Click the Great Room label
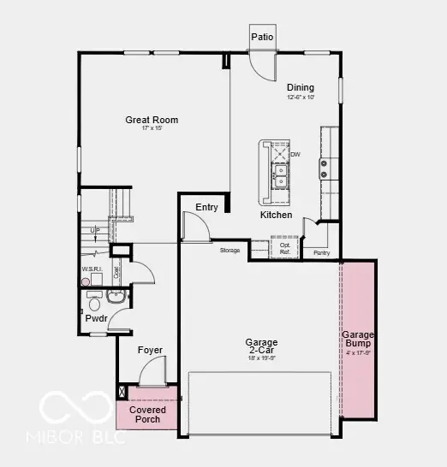[152, 120]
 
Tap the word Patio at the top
[262, 37]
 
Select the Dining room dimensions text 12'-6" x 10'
[301, 98]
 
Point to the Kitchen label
[276, 215]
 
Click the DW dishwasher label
[295, 155]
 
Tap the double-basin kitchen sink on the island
[280, 176]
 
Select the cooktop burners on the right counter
[325, 168]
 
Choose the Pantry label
[322, 253]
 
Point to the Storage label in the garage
[229, 251]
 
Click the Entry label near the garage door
[206, 207]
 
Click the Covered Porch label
[147, 415]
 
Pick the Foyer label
[150, 351]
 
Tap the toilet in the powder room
[94, 303]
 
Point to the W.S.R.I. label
[92, 269]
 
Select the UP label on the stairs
[94, 231]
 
